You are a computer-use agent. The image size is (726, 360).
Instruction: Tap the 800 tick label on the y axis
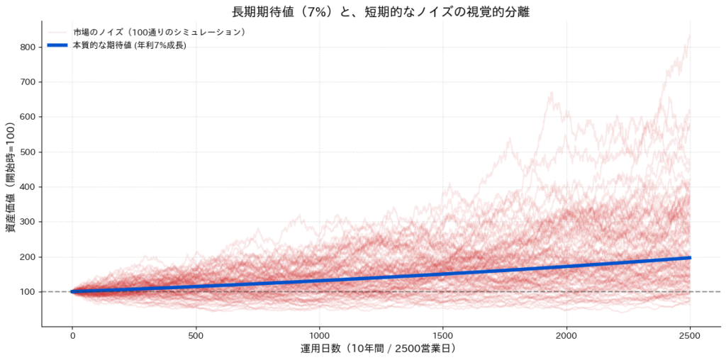[28, 47]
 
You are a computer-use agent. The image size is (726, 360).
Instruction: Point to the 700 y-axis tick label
[28, 82]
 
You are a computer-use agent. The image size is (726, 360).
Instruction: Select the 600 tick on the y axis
[28, 117]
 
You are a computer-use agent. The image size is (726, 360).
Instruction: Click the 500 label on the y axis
[28, 152]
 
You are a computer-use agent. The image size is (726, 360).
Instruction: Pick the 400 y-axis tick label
[28, 187]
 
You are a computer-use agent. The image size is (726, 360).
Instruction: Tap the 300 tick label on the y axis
[28, 222]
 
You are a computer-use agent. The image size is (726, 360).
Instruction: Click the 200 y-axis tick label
[28, 257]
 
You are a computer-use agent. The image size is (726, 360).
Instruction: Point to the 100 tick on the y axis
[28, 292]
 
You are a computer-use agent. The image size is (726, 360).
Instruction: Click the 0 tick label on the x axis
[72, 334]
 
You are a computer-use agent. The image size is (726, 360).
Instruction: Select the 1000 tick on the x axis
[319, 334]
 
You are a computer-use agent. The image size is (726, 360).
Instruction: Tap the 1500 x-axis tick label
[443, 334]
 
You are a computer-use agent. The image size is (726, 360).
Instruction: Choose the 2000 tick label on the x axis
[567, 334]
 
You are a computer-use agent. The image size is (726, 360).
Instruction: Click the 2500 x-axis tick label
[691, 334]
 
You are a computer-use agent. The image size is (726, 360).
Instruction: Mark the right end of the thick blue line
[691, 257]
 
